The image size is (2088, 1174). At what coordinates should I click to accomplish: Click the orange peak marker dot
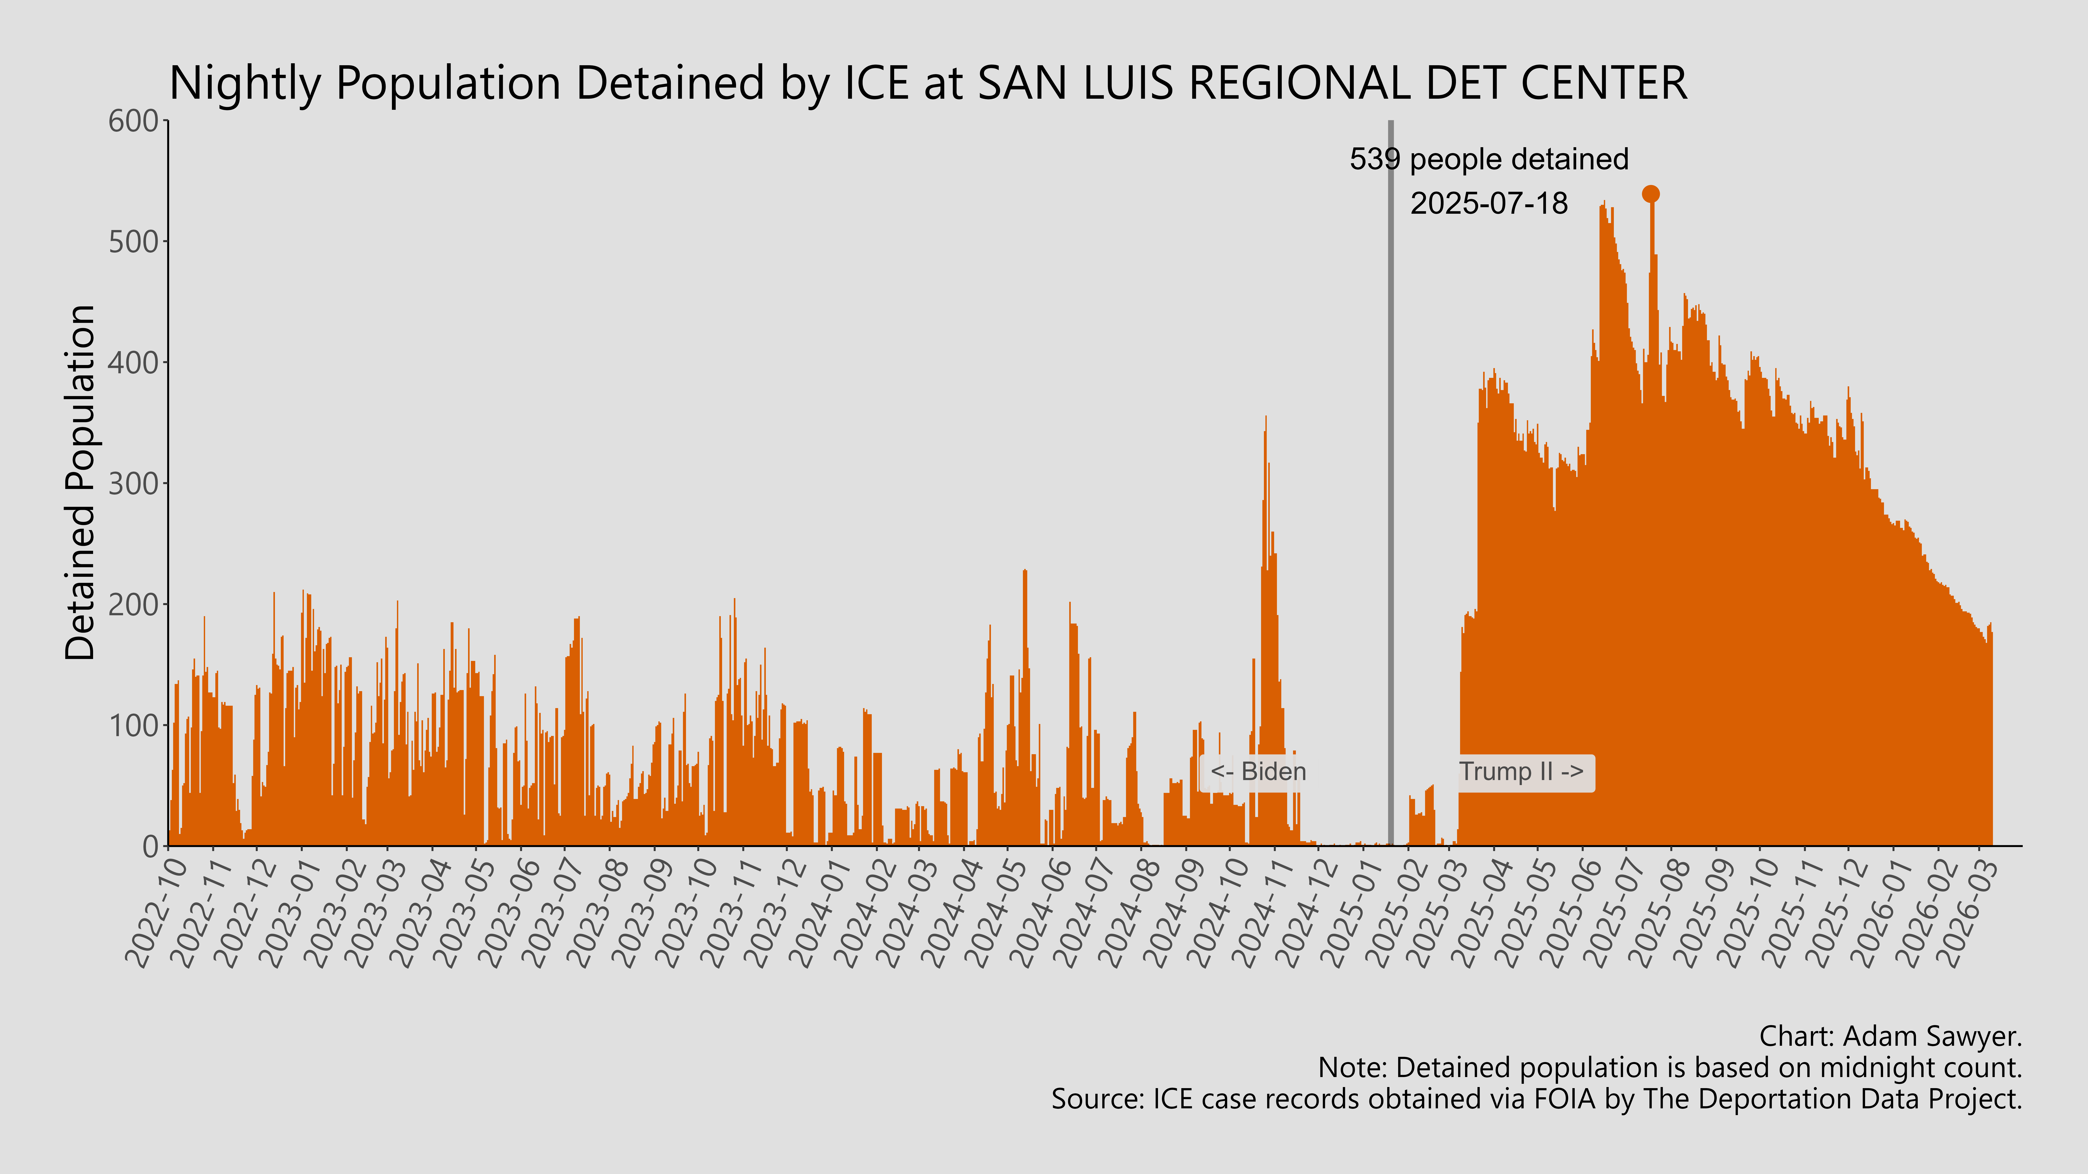click(1650, 194)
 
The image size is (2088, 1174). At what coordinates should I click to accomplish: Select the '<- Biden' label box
click(1257, 771)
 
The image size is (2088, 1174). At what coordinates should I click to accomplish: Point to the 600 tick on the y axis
click(134, 122)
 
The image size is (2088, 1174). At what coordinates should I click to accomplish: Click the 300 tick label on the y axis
click(134, 484)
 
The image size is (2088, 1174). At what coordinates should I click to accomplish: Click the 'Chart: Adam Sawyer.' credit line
click(1890, 1036)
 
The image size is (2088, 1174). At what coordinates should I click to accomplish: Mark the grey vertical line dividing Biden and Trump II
click(1391, 486)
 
